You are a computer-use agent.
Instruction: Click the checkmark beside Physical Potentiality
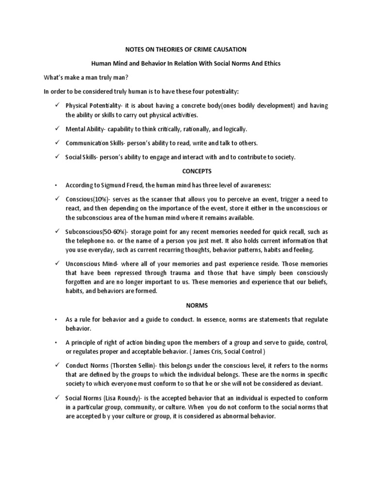click(58, 105)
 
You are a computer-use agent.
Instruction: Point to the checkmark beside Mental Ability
click(58, 129)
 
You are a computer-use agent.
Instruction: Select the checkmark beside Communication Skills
click(58, 143)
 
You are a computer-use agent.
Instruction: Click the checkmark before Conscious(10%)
click(58, 199)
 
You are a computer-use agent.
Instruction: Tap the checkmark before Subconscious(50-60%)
click(58, 231)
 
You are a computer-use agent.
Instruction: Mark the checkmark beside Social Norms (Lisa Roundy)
click(58, 398)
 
